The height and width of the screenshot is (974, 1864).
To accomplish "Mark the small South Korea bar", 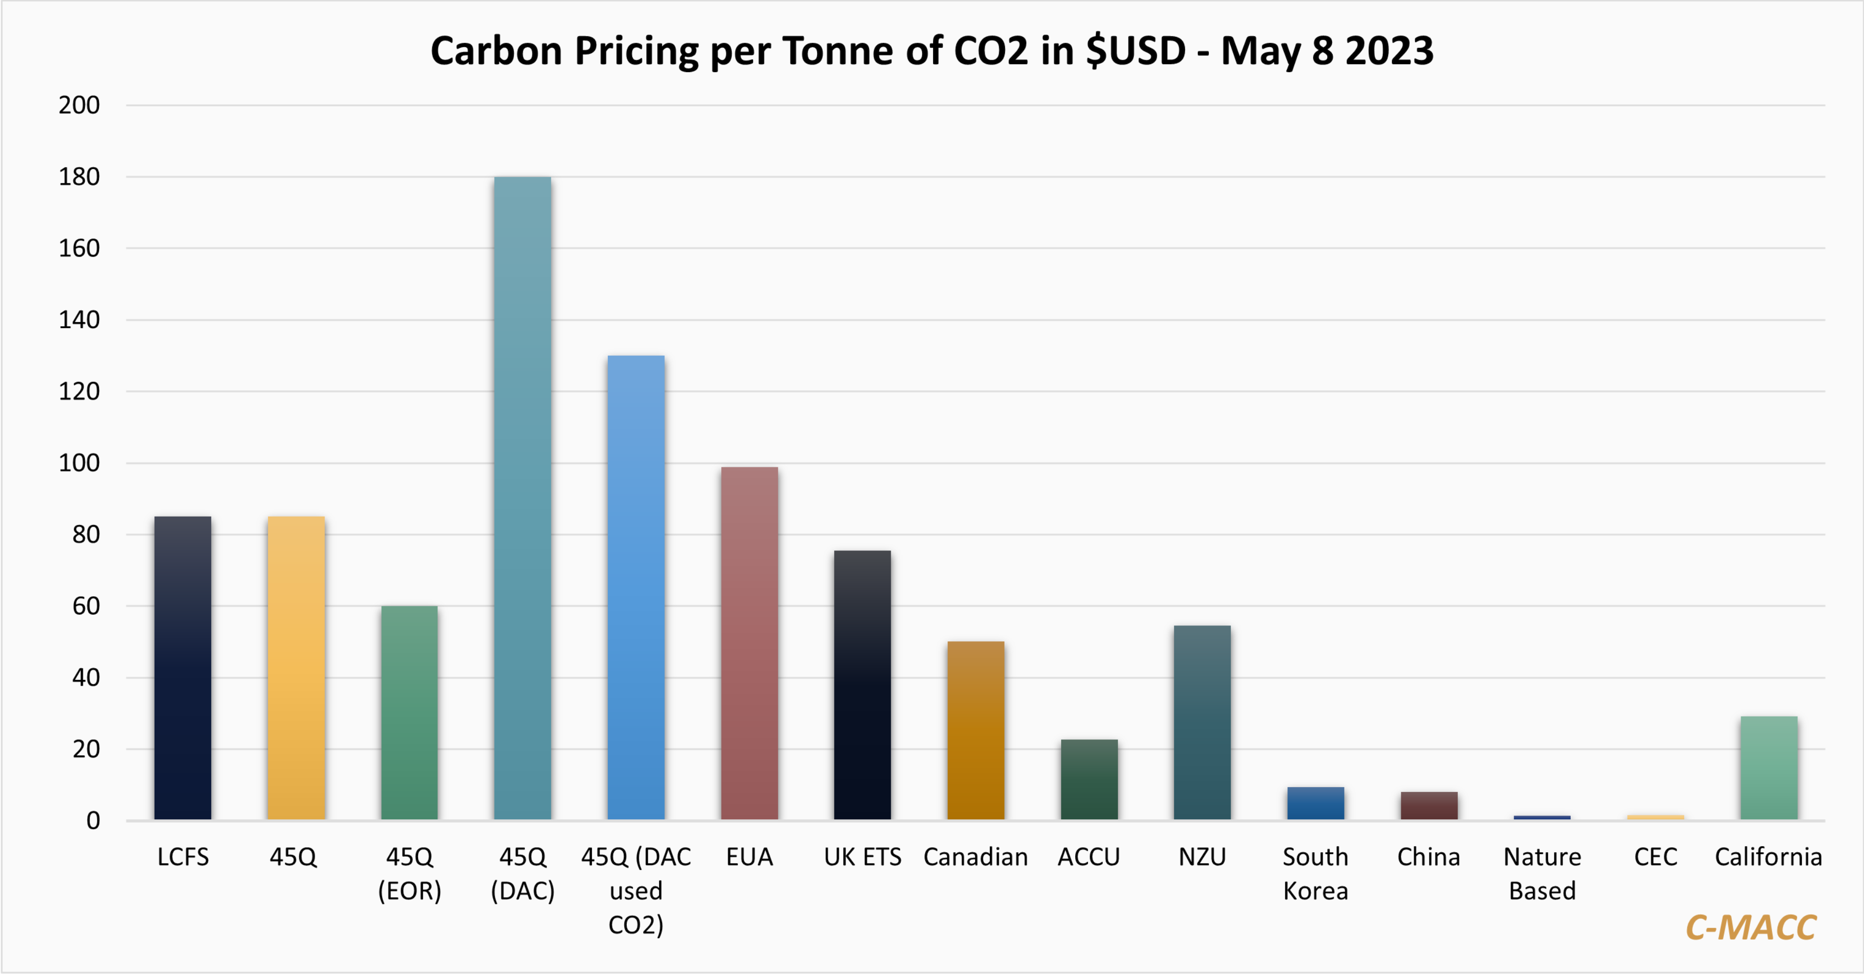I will point(1316,803).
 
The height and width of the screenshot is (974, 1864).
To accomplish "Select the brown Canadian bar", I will point(975,730).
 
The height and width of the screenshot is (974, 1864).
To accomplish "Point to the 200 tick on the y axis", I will point(79,105).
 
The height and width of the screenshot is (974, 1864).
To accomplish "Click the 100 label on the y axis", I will point(79,463).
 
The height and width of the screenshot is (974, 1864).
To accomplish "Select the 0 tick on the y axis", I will point(92,820).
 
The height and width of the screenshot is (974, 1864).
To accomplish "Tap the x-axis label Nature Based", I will point(1542,874).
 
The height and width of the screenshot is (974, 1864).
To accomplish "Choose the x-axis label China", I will point(1429,857).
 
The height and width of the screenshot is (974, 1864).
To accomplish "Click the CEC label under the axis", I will point(1656,857).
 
